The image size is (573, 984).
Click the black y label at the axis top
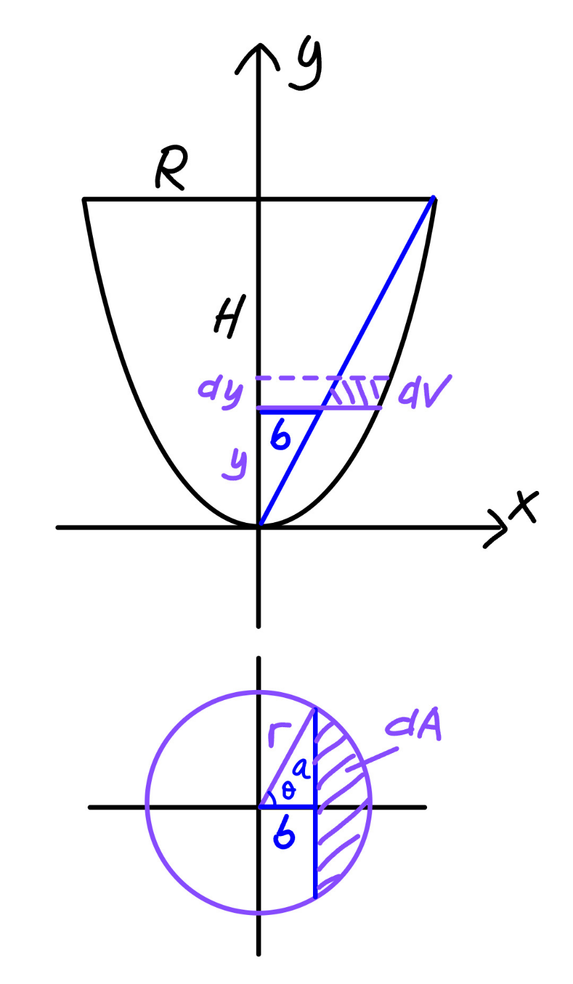pyautogui.click(x=306, y=65)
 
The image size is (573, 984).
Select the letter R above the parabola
pyautogui.click(x=171, y=169)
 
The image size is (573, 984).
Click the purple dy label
pyautogui.click(x=221, y=392)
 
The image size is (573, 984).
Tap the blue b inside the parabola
pyautogui.click(x=281, y=435)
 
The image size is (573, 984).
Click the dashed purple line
pyautogui.click(x=322, y=378)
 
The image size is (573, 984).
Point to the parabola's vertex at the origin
pyautogui.click(x=260, y=525)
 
